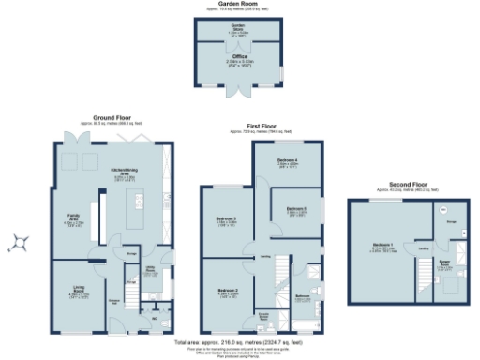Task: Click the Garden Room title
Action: click(x=240, y=4)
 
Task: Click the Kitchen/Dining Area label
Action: click(x=120, y=171)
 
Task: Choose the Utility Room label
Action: click(x=150, y=271)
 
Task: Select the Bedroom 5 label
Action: click(x=297, y=209)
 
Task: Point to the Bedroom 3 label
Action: click(x=227, y=220)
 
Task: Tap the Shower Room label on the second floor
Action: click(x=449, y=262)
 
